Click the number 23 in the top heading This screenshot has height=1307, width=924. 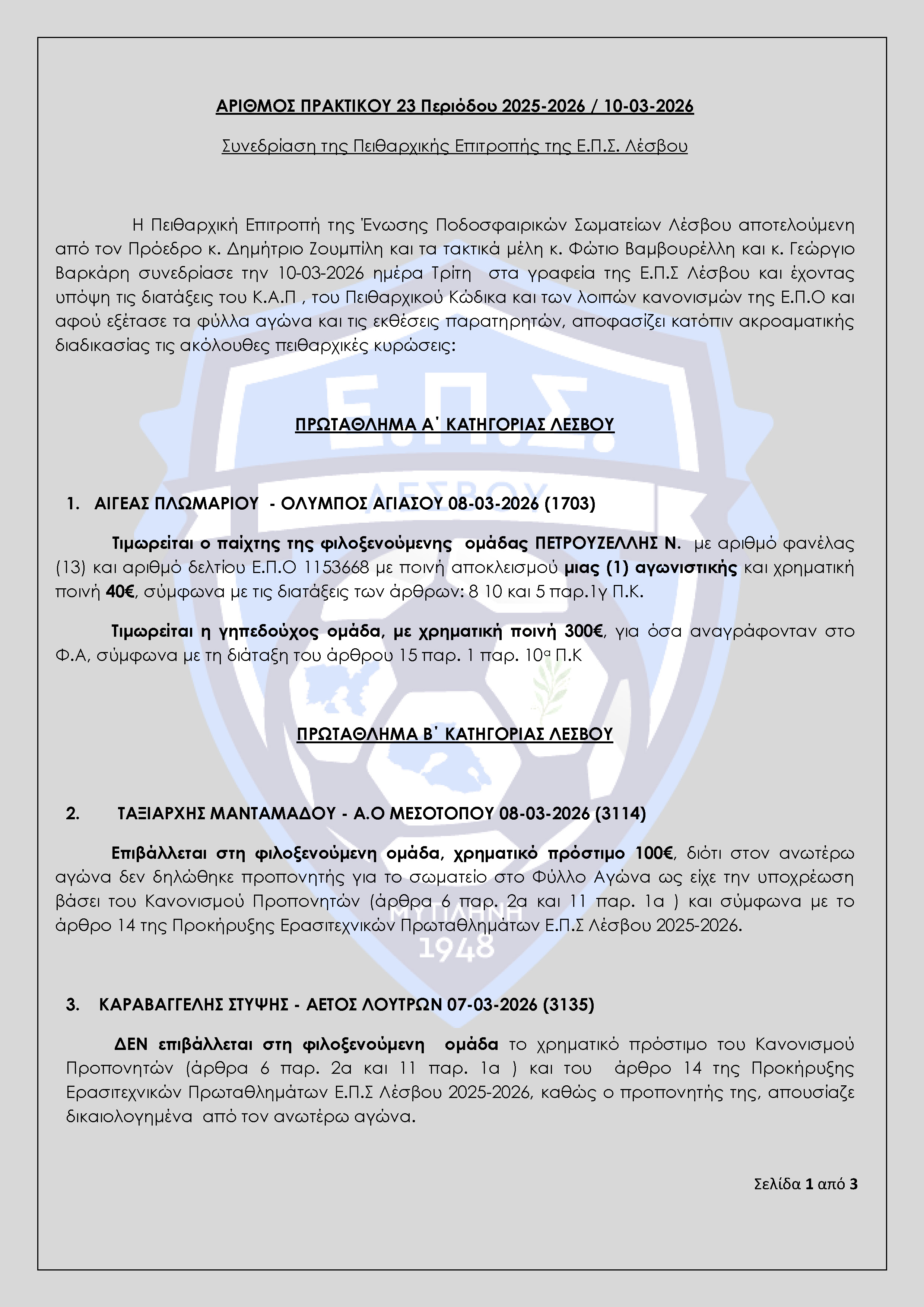[x=406, y=107]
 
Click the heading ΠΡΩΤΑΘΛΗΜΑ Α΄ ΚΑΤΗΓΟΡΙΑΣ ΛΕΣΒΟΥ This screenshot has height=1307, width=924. [x=455, y=425]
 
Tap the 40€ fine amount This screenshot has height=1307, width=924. [x=120, y=592]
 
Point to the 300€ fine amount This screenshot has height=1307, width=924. [x=583, y=631]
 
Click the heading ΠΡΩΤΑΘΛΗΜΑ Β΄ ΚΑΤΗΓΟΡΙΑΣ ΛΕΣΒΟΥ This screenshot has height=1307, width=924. [x=455, y=734]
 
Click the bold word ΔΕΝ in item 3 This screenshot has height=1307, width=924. [x=131, y=1045]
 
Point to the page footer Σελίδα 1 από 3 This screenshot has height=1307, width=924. [x=805, y=1184]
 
